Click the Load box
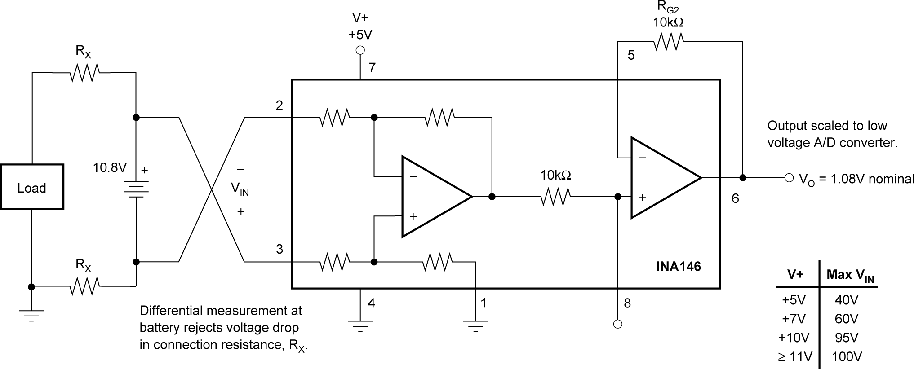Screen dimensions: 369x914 (x=32, y=187)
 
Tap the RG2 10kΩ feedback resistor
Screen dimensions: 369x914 (x=668, y=43)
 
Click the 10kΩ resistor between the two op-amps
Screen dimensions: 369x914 (x=555, y=197)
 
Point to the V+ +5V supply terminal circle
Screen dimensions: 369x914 (x=360, y=51)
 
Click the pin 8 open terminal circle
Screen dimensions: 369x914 (x=618, y=324)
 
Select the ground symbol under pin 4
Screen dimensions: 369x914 (x=360, y=325)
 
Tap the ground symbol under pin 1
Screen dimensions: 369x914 (x=475, y=325)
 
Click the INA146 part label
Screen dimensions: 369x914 (x=678, y=267)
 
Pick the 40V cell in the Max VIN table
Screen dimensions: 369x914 (x=847, y=300)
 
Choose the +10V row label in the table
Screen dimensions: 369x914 (x=795, y=338)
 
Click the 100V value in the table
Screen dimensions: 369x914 (x=847, y=357)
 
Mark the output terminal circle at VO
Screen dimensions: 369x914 (x=789, y=178)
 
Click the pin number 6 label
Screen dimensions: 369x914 (x=735, y=198)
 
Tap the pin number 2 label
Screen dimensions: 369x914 (x=280, y=105)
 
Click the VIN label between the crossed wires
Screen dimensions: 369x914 (x=240, y=190)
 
